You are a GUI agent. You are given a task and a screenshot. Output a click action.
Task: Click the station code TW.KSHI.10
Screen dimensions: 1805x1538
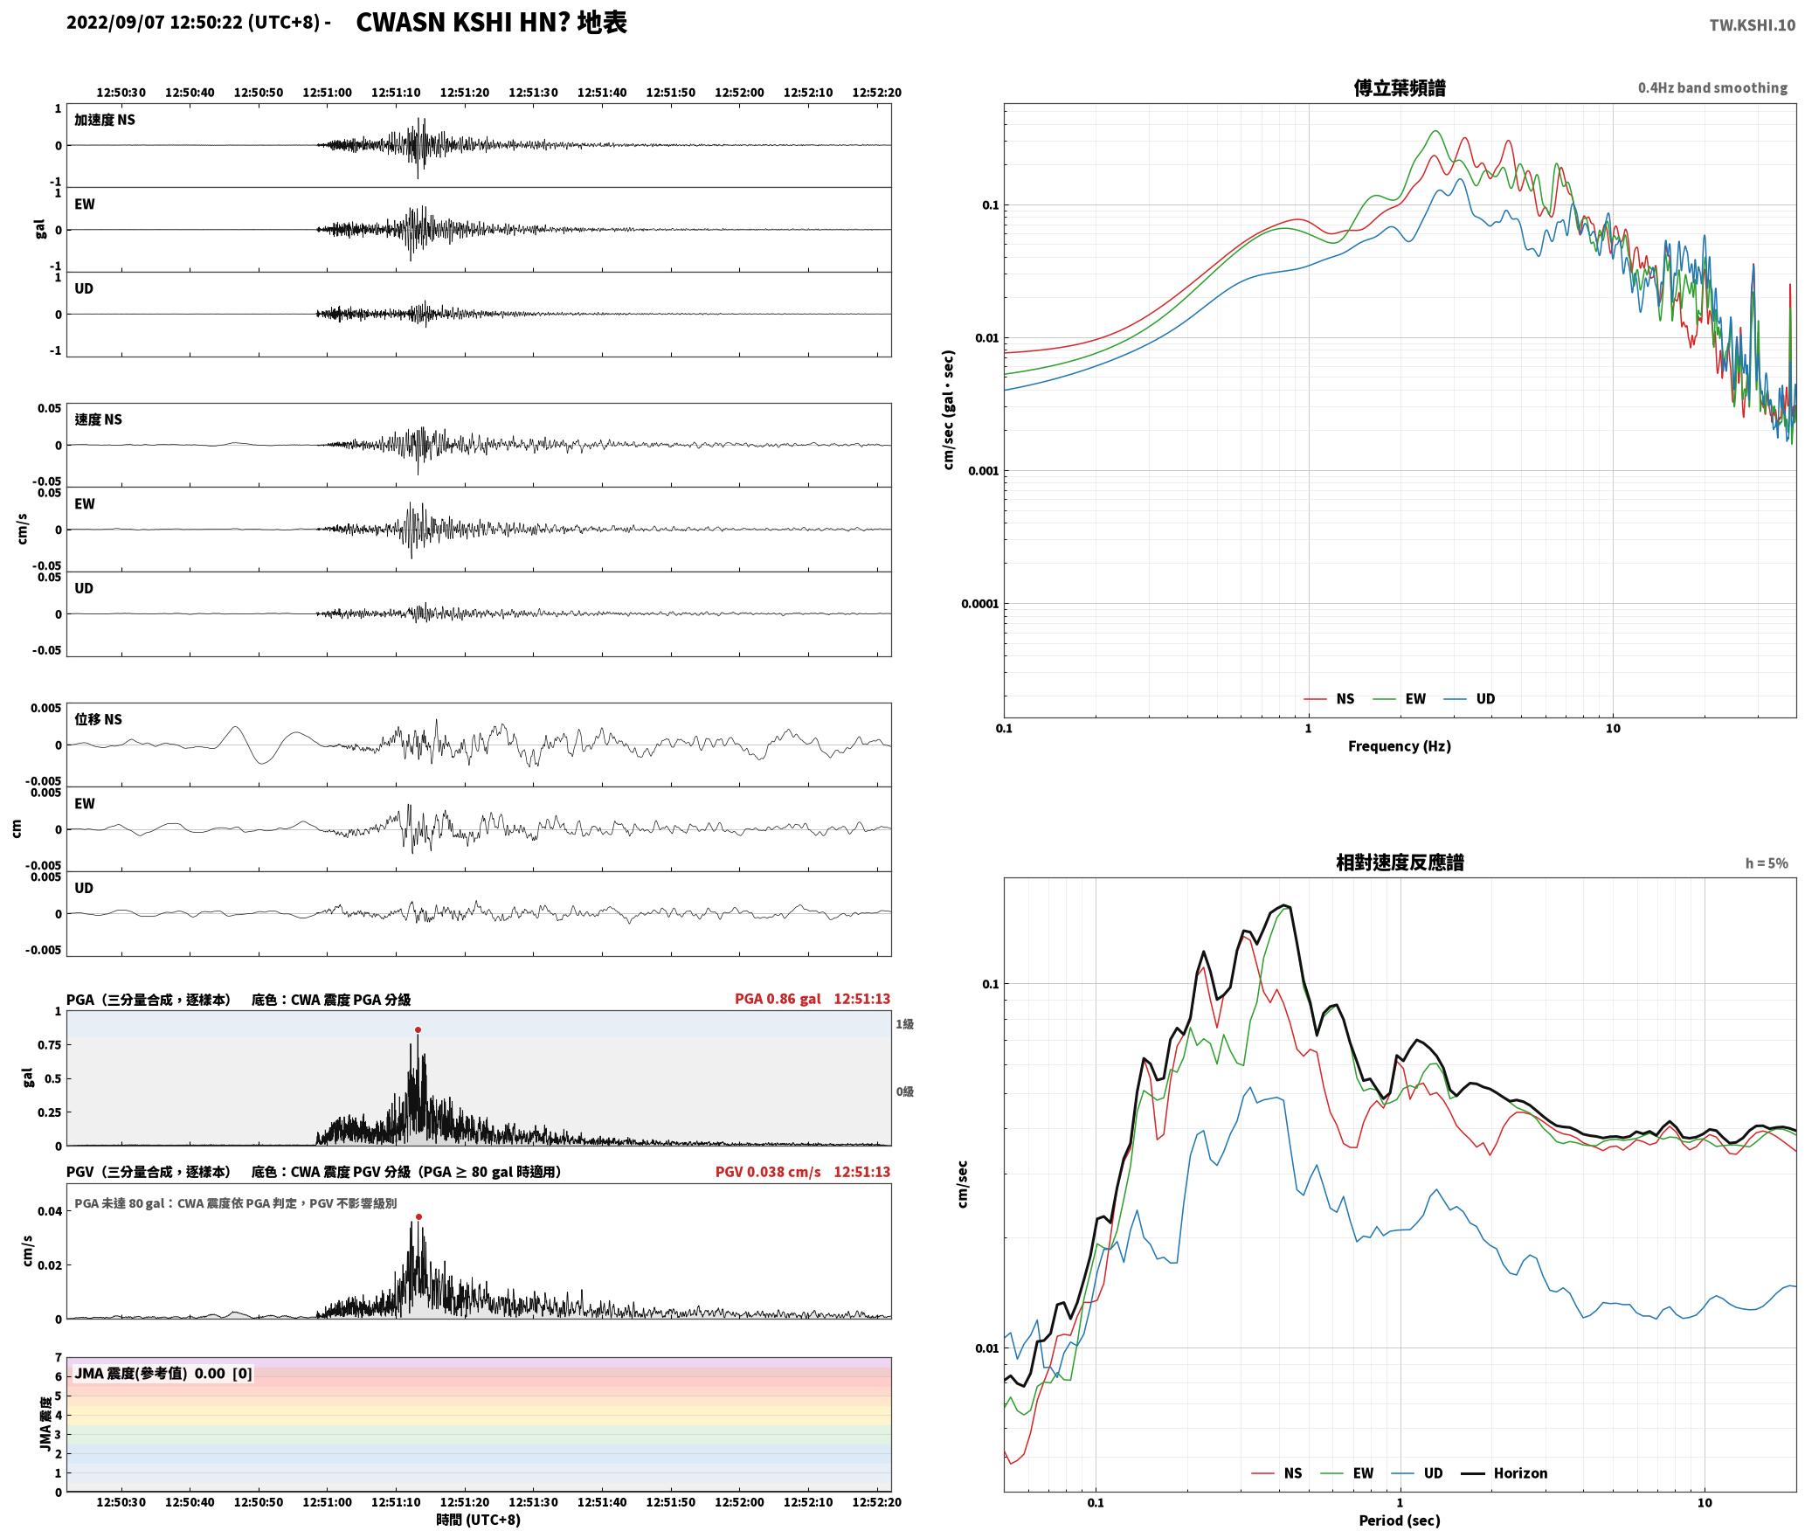coord(1752,25)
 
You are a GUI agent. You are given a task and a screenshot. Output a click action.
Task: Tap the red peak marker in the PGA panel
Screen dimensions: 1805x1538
coord(418,1029)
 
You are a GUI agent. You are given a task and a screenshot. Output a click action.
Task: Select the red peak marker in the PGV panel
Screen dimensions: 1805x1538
coord(418,1216)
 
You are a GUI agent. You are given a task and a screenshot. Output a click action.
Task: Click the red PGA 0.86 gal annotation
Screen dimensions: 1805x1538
coord(778,999)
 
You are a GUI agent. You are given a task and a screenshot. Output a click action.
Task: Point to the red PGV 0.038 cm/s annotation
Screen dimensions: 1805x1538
coord(768,1172)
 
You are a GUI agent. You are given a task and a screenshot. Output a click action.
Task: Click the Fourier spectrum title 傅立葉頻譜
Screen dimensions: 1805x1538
coord(1399,88)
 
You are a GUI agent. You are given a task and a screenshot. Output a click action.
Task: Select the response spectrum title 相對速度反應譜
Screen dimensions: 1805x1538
coord(1400,863)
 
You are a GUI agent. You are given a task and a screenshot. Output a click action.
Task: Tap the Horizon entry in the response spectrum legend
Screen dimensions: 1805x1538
coord(1520,1473)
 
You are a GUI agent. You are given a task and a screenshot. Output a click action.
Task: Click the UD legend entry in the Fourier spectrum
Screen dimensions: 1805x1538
coord(1485,699)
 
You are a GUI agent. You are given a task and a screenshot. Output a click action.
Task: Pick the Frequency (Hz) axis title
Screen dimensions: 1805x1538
coord(1399,746)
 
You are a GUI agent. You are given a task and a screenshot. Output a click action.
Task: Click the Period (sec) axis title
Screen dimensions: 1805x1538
coord(1399,1521)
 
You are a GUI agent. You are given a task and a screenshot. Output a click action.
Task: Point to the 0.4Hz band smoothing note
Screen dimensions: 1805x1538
coord(1712,88)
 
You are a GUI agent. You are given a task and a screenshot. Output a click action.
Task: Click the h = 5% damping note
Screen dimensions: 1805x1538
coord(1767,863)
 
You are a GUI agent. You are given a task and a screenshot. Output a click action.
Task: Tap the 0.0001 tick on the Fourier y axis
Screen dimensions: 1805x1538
coord(979,604)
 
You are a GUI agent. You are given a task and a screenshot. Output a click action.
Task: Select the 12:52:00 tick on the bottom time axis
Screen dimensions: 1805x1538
coord(739,1502)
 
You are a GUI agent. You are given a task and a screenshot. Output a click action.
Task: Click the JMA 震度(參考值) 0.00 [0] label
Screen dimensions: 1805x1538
coord(163,1374)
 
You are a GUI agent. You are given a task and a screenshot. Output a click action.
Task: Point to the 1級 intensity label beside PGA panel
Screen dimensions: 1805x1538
coord(904,1024)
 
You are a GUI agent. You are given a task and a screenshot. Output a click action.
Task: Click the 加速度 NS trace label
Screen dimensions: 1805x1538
coord(105,120)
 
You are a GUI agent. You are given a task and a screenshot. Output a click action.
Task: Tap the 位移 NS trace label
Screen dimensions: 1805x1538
coord(98,719)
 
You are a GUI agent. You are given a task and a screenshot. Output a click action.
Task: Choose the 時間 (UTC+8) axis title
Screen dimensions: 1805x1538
coord(479,1520)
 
